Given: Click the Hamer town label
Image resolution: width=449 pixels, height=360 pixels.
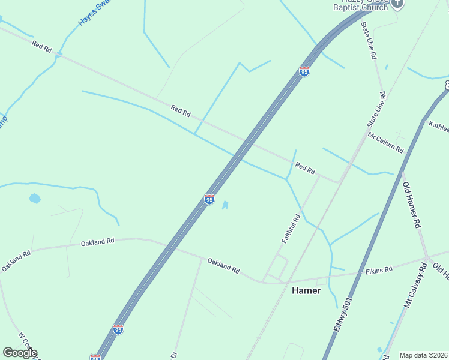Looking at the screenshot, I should [x=306, y=290].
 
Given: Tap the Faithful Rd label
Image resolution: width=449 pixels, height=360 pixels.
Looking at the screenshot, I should [x=291, y=229].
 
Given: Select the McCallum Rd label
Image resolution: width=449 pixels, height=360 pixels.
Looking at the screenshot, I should [x=386, y=143].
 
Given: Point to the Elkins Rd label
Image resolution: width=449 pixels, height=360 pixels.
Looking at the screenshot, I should [x=378, y=270].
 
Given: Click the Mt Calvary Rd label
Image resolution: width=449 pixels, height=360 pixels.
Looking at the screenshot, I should [x=414, y=283].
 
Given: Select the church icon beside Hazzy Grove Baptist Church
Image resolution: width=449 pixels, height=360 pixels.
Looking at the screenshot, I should [x=397, y=4].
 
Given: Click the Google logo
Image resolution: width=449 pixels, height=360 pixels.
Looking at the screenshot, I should [x=20, y=353].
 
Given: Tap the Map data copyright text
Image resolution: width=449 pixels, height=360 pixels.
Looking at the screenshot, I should [x=423, y=355].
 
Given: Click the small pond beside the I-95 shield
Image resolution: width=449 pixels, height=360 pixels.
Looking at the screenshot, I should [x=225, y=205].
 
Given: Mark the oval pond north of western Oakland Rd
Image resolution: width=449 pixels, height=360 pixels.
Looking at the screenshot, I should [x=35, y=197].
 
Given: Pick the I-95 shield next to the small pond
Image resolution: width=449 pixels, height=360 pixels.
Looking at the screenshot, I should [x=209, y=199].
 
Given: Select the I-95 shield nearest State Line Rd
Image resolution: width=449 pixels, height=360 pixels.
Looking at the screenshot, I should [x=304, y=72].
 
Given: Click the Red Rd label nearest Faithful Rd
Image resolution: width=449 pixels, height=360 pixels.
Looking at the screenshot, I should [x=305, y=169].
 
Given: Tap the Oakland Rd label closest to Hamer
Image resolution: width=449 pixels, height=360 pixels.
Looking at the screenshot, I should [x=223, y=265].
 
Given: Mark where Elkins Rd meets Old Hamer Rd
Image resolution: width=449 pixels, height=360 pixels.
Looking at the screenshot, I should [x=427, y=259].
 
